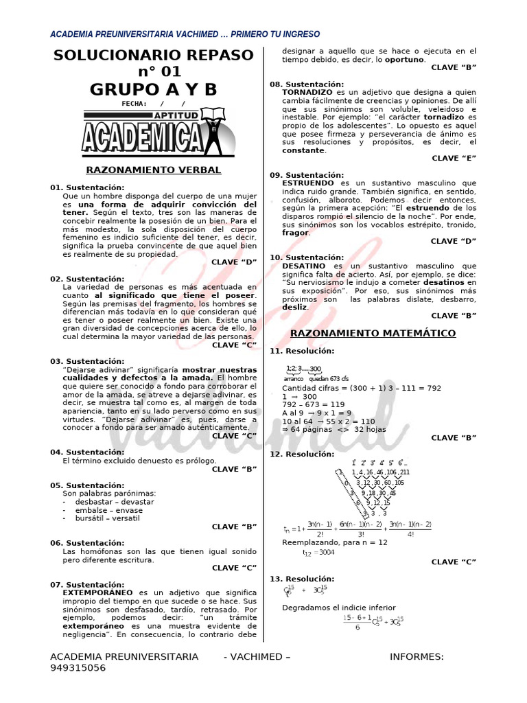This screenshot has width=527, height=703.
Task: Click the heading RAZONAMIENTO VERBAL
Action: (153, 170)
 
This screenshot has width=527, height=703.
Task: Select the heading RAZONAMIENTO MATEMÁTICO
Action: (373, 333)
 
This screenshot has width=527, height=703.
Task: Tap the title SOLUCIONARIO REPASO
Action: (153, 55)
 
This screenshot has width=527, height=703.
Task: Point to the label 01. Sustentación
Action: (87, 187)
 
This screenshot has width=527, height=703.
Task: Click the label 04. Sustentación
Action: (87, 452)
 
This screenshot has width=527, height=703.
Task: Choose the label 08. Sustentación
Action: (307, 84)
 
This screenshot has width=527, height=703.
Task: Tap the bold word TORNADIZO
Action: (307, 92)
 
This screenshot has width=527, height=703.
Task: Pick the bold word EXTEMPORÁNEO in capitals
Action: (97, 592)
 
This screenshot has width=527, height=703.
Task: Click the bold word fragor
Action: (295, 233)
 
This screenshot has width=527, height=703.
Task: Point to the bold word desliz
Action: (294, 307)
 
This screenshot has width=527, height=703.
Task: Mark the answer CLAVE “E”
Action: (454, 158)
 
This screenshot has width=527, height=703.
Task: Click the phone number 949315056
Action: (78, 667)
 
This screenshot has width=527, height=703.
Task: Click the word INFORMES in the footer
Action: (417, 656)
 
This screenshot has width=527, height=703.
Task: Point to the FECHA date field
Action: (154, 104)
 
